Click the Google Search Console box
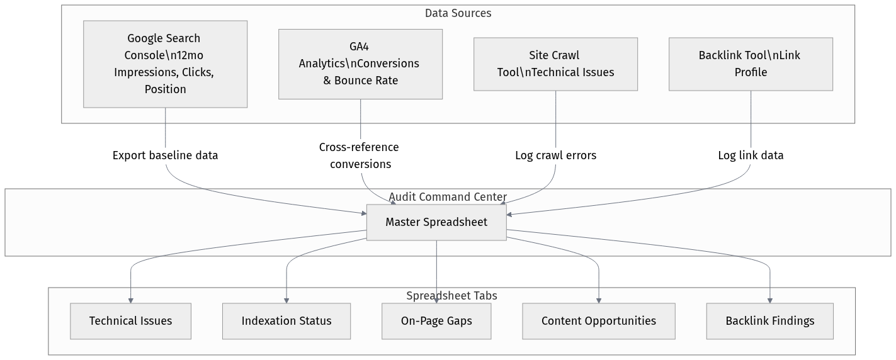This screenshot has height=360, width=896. tap(165, 64)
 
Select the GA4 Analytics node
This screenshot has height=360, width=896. tap(360, 64)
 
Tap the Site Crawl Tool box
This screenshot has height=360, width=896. tap(555, 64)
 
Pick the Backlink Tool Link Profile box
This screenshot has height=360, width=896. tap(751, 64)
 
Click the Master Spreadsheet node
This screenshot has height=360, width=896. tap(436, 222)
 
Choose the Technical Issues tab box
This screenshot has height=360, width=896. tap(130, 321)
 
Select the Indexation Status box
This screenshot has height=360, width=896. tap(286, 321)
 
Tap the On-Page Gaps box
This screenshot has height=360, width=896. tap(436, 321)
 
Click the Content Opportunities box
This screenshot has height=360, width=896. tap(599, 321)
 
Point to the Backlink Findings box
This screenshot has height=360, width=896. tap(770, 321)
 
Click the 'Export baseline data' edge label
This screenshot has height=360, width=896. tap(165, 155)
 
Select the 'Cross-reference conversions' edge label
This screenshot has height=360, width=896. tap(360, 155)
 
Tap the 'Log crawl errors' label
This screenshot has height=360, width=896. tap(555, 155)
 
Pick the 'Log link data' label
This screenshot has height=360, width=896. tap(751, 155)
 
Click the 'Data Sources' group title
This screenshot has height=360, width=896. tap(458, 13)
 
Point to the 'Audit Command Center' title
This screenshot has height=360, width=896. tap(448, 197)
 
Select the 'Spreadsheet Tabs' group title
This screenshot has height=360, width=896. tap(451, 296)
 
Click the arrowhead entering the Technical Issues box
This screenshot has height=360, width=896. tap(130, 300)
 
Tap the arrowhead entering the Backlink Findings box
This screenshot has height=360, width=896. tap(770, 300)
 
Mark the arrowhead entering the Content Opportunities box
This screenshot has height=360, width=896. tap(599, 300)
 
